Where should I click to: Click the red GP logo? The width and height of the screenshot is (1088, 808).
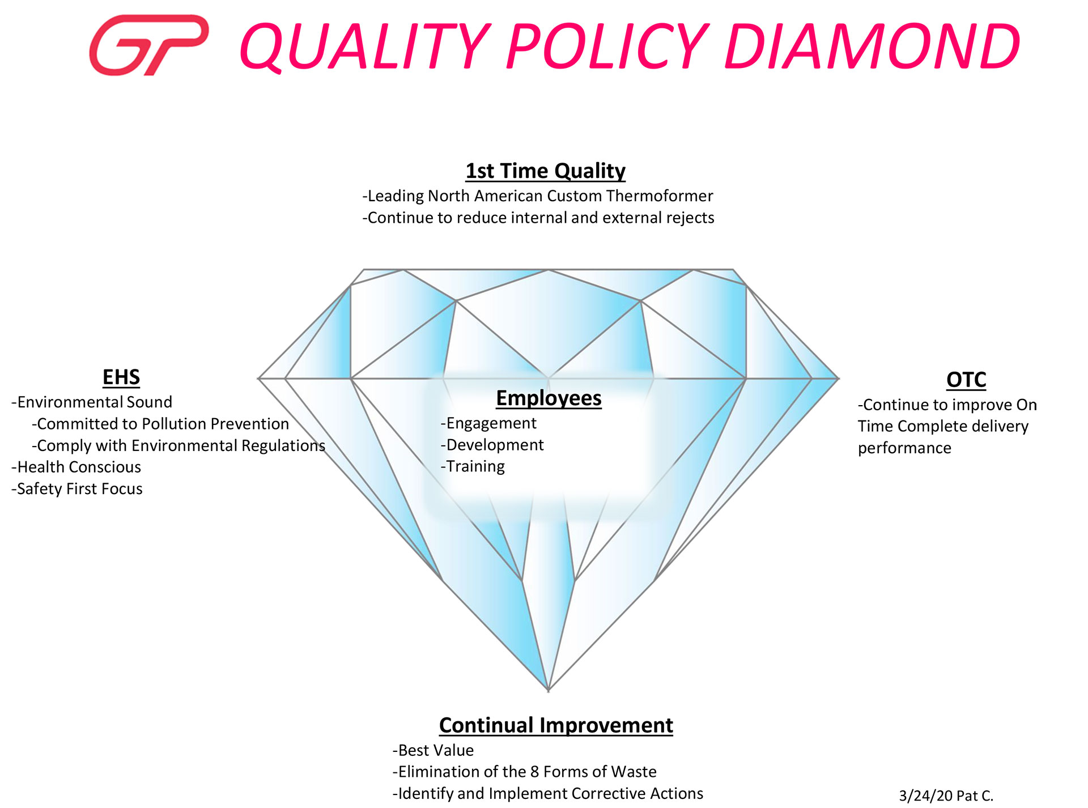click(x=149, y=45)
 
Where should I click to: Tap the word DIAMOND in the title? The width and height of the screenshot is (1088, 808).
click(x=872, y=46)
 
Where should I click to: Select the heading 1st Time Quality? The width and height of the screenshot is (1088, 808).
click(x=545, y=171)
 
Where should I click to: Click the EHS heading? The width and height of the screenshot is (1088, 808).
click(x=121, y=377)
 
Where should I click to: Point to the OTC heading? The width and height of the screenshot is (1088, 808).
click(x=966, y=380)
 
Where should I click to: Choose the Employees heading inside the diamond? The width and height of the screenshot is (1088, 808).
click(x=549, y=398)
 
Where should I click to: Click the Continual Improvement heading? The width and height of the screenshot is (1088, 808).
click(x=556, y=725)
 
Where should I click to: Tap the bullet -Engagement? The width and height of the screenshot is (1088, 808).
click(x=488, y=423)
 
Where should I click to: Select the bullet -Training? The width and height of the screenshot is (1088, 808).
click(x=473, y=466)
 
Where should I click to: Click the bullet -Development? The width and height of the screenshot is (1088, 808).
click(x=492, y=445)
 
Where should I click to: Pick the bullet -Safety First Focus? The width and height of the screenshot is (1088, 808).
click(x=77, y=488)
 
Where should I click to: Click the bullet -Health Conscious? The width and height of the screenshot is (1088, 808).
click(x=76, y=467)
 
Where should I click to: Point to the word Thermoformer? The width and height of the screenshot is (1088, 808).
click(x=660, y=195)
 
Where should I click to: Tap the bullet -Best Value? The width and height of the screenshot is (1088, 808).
click(x=433, y=750)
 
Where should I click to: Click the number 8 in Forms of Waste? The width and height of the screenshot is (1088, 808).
click(x=534, y=772)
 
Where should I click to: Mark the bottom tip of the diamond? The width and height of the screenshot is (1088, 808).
click(x=549, y=691)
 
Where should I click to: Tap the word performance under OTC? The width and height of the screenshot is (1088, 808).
click(x=904, y=448)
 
